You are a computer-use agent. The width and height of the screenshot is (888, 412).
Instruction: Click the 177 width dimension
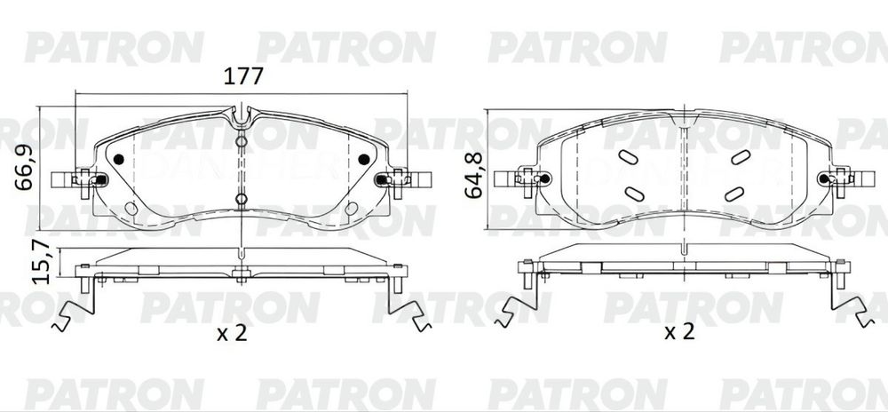[x=243, y=75]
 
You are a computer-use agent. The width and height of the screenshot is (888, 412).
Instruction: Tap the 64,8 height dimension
[x=473, y=175]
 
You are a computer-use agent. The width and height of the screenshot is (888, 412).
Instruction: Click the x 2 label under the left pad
[x=233, y=333]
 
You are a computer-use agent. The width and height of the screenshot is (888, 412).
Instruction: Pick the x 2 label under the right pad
[x=679, y=332]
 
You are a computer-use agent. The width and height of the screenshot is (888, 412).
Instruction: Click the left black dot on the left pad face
[x=119, y=159]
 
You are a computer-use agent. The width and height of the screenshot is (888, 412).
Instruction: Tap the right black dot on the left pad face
[x=363, y=159]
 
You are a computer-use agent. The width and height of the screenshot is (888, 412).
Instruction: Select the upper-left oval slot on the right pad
[x=628, y=157]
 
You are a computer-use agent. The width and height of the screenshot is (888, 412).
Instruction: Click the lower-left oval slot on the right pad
[x=634, y=194]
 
